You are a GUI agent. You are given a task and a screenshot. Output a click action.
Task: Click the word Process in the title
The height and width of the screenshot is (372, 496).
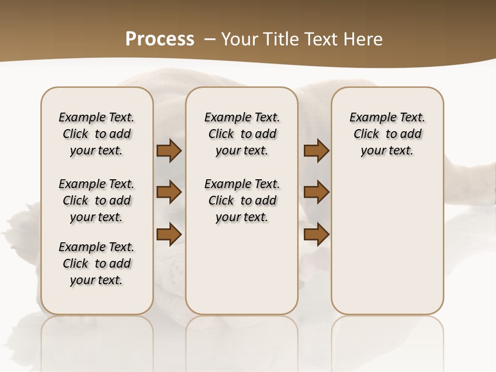click(x=160, y=39)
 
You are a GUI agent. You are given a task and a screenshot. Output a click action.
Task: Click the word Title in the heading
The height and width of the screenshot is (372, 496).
click(x=281, y=39)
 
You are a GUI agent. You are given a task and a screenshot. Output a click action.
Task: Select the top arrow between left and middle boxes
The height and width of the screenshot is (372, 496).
click(x=169, y=151)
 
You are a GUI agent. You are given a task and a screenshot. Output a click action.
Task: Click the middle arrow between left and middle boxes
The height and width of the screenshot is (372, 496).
click(x=169, y=192)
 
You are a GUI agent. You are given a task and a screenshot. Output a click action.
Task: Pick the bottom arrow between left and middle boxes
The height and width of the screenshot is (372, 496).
click(x=169, y=234)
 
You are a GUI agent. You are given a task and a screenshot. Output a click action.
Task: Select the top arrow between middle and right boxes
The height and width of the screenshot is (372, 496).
click(x=316, y=151)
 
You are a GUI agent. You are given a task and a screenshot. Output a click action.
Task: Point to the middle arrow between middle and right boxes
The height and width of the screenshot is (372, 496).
click(x=316, y=192)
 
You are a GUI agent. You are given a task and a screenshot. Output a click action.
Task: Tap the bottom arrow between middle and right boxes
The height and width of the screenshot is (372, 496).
click(x=316, y=234)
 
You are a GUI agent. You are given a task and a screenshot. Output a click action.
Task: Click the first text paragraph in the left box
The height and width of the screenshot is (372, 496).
click(x=97, y=134)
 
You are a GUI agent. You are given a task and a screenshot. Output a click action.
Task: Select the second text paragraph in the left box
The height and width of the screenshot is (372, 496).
click(x=97, y=200)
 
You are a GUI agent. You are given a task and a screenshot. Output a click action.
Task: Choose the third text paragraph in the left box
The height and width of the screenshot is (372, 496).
click(x=97, y=263)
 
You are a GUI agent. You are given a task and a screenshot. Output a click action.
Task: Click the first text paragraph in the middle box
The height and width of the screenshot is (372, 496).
click(x=242, y=134)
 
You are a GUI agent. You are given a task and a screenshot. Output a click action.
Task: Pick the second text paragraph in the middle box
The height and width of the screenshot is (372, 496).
click(x=242, y=200)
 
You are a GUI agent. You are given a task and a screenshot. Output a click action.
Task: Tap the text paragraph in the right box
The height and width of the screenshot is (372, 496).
click(x=388, y=134)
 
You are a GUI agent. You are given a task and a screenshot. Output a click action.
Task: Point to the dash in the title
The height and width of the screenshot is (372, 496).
click(x=210, y=39)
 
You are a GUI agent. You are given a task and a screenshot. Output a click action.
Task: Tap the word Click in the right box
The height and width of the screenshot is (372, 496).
click(x=366, y=134)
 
